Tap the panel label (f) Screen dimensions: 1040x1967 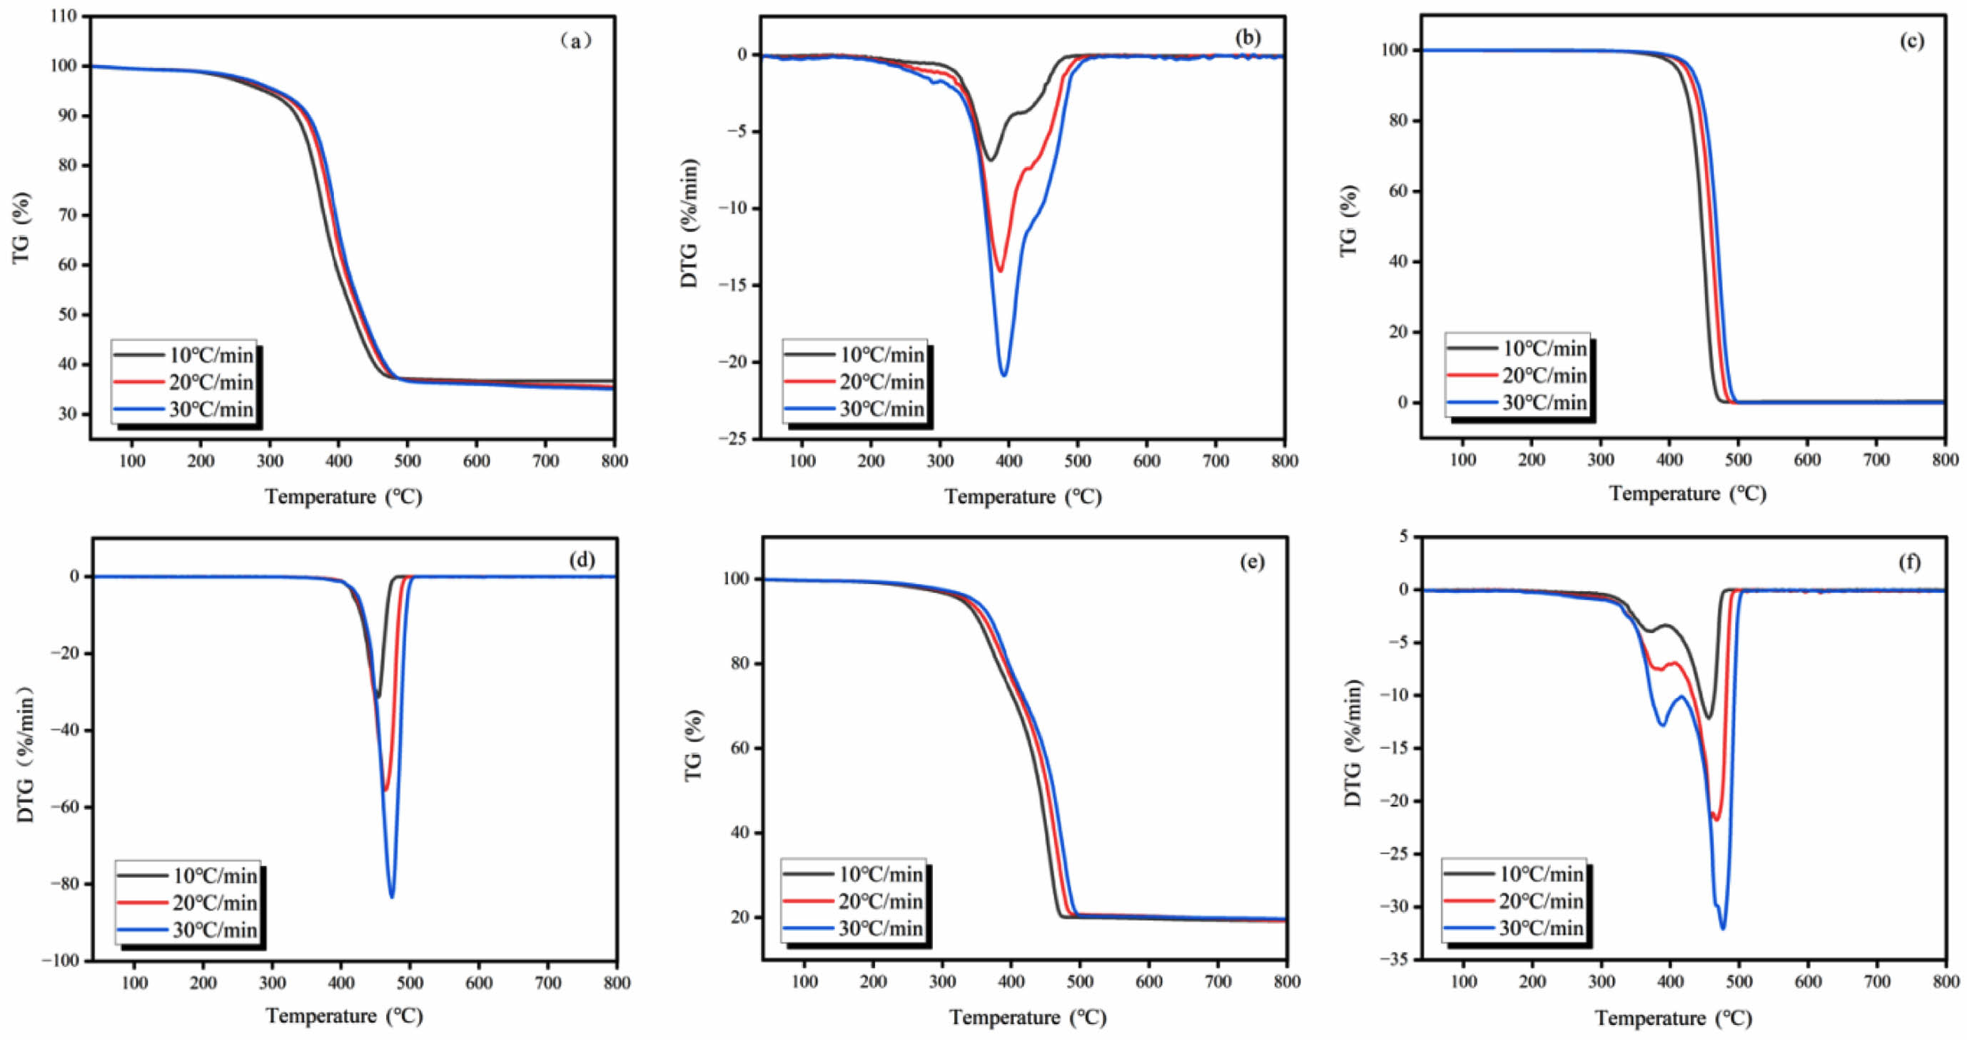(x=1909, y=562)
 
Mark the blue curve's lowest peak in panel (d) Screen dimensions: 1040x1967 (x=392, y=897)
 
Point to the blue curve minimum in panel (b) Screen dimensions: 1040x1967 (x=1003, y=375)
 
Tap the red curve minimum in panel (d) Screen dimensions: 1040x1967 (x=385, y=789)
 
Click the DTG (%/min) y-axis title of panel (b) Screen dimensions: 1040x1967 (x=690, y=223)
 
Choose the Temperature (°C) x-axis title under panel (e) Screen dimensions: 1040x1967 (x=1028, y=1018)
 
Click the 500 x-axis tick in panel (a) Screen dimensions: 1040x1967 (x=407, y=461)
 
